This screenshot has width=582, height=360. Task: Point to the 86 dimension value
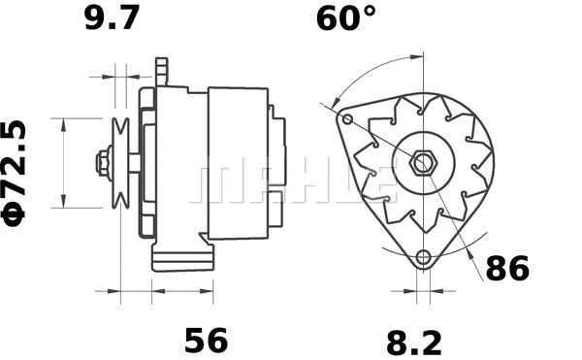click(507, 269)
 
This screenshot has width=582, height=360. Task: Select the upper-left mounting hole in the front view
click(348, 119)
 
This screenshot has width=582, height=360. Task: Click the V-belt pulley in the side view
click(122, 162)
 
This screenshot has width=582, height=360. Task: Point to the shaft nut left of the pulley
click(103, 162)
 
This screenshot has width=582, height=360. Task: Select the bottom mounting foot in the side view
click(182, 258)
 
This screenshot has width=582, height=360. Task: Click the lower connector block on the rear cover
click(276, 207)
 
